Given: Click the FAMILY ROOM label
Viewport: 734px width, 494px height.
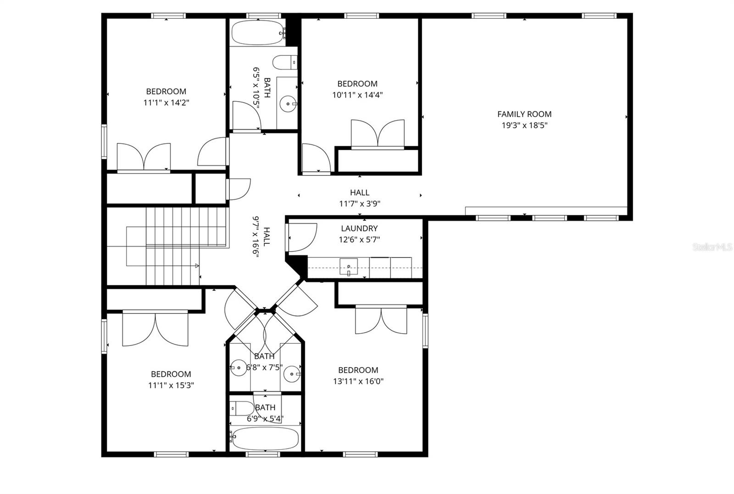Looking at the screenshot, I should tap(524, 114).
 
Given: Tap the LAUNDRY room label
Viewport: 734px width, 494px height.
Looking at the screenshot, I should tap(359, 228).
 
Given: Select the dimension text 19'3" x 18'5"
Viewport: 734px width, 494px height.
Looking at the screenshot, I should tap(524, 125).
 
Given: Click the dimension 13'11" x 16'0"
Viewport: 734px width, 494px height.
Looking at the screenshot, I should tap(358, 381).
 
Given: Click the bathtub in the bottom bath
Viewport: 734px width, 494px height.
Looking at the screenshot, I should tap(265, 439).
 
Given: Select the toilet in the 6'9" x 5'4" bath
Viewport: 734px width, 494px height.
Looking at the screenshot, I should tap(241, 408).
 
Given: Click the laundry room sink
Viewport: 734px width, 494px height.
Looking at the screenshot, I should tap(349, 266).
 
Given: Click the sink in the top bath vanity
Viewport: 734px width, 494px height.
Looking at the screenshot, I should tap(288, 104).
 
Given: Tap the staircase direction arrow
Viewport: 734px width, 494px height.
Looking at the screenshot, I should tap(197, 266).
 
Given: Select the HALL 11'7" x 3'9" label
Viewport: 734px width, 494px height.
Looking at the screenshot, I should tap(360, 198).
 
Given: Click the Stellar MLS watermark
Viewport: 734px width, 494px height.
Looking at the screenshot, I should tap(712, 247).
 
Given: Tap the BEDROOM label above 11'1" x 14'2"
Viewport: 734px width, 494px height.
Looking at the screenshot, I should tap(166, 91).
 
